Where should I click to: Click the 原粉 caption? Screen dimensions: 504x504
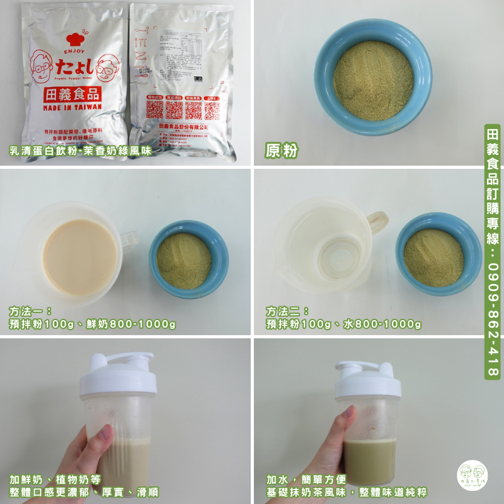pos(281,150)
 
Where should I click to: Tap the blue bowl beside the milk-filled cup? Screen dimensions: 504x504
pos(188,258)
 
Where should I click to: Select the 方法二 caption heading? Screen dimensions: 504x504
pos(287,311)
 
